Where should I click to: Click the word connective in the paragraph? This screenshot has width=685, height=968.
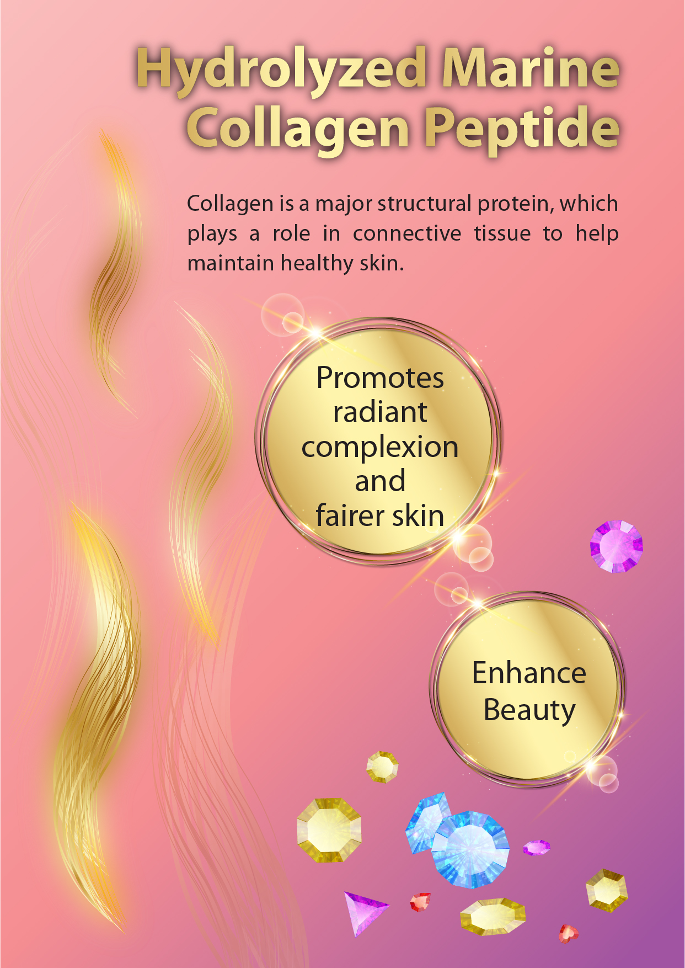pos(407,233)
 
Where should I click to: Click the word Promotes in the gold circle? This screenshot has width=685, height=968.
pos(380,378)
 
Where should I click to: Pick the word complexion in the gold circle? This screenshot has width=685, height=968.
pos(380,448)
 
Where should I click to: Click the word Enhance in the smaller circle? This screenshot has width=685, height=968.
pos(529,673)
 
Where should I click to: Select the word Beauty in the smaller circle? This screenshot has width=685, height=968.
pos(529,710)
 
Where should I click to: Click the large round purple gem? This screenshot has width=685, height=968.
pos(617,546)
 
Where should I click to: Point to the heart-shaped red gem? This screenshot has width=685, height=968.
pos(568,933)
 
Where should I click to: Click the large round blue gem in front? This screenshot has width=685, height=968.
pos(470,849)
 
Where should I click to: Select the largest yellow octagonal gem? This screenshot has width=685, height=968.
pos(329,829)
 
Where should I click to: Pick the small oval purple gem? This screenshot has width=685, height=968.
pos(536,847)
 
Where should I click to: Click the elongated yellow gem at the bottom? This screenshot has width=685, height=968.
pos(493,917)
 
